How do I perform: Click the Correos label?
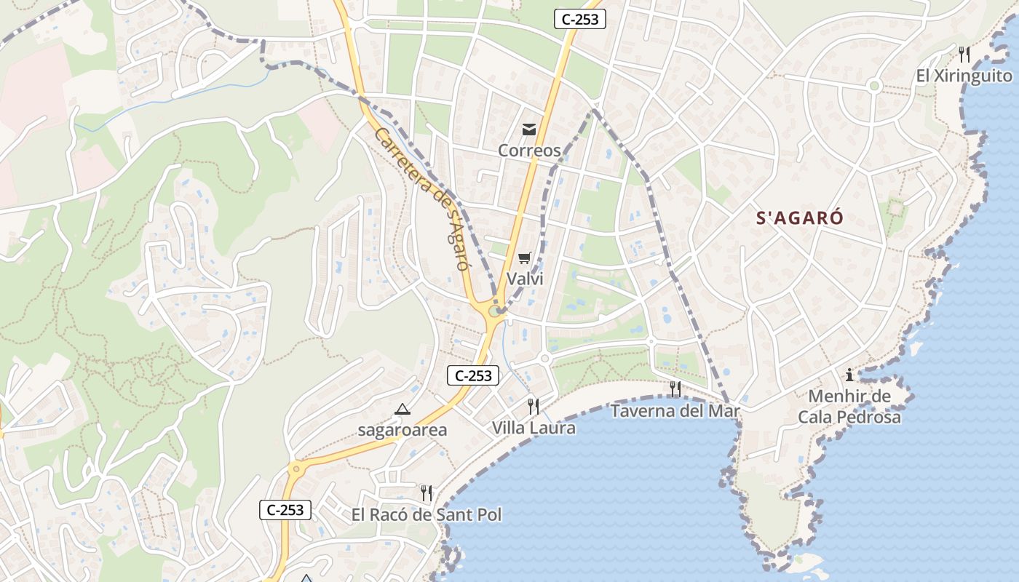coord(529,151)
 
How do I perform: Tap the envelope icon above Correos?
coord(529,129)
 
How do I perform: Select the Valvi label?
coord(525,279)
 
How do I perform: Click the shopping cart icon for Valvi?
coord(525,258)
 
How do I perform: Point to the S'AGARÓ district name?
coord(800,218)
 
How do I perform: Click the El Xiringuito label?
coord(964,76)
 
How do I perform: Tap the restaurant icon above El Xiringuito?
coord(964,54)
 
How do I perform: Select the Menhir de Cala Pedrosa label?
coord(849,407)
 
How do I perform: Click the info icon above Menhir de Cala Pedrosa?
coord(849,375)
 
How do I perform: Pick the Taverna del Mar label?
coord(675,411)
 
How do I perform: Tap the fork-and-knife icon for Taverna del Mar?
coord(675,389)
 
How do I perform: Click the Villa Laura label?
coord(534,428)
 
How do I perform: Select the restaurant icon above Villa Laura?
coord(534,406)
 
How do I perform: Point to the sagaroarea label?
coord(402,430)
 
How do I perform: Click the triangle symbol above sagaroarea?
coord(402,410)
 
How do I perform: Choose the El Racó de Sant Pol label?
coord(427,515)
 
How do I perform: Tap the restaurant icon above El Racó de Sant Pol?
coord(427,493)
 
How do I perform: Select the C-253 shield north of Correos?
coord(580,20)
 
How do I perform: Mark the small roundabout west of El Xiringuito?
coord(875,86)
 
